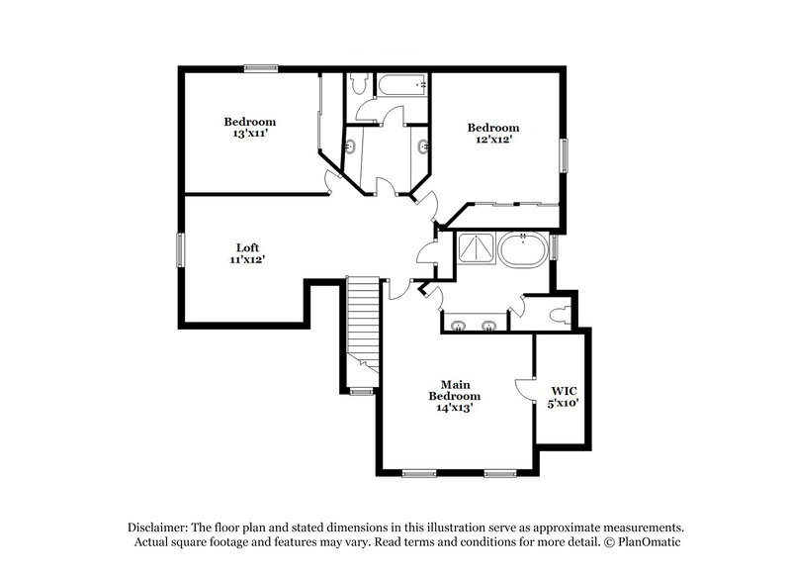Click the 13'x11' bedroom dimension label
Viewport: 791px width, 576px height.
click(x=248, y=132)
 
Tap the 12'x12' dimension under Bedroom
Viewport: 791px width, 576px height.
click(x=492, y=140)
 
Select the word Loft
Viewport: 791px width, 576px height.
click(x=248, y=247)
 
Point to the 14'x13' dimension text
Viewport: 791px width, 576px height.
click(x=454, y=408)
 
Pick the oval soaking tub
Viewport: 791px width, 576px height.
click(x=522, y=249)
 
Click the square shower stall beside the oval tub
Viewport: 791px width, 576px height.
click(x=476, y=249)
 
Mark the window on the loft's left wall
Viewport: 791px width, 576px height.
click(x=180, y=248)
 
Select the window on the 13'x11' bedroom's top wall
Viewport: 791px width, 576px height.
click(x=260, y=68)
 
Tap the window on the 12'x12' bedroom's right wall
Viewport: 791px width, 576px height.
click(x=565, y=156)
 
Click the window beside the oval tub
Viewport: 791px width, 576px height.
click(x=555, y=244)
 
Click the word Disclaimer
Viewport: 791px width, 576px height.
click(x=162, y=528)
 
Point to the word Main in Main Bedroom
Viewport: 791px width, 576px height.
click(x=454, y=384)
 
